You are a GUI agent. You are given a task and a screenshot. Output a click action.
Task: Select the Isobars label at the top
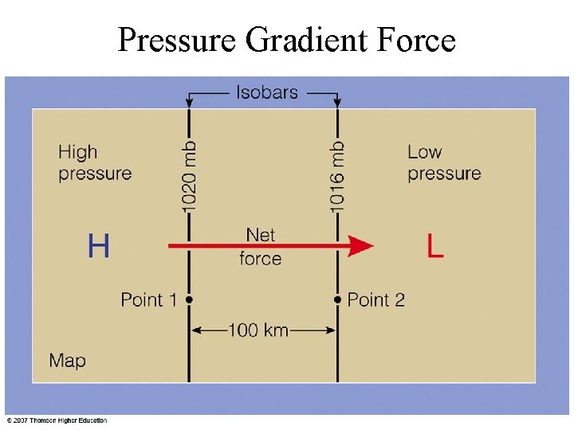coord(267,92)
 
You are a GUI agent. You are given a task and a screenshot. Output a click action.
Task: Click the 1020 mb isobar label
coord(190,177)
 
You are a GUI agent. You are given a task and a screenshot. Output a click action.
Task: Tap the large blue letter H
coord(98,246)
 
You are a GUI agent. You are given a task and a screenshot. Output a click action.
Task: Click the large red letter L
coord(434,246)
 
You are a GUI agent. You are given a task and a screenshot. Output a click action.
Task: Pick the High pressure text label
coord(94,162)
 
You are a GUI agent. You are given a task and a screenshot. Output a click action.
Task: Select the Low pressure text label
coord(444,162)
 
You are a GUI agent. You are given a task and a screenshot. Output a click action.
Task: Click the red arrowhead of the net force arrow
coord(360,246)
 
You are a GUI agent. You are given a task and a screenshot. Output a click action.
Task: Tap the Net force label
coord(261,247)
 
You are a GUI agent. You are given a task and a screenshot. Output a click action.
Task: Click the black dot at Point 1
coord(190,299)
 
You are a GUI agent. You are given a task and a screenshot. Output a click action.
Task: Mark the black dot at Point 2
coord(338,299)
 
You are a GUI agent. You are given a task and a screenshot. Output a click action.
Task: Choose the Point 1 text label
coord(148,300)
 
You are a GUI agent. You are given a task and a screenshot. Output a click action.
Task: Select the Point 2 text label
coord(376,300)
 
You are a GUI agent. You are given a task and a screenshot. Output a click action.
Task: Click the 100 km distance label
coord(258,330)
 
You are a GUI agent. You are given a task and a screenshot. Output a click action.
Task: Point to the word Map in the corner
coord(67,361)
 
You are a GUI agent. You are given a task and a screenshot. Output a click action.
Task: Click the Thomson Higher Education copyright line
coord(57,420)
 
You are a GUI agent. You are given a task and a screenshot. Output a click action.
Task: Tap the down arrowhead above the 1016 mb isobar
coord(338,102)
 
